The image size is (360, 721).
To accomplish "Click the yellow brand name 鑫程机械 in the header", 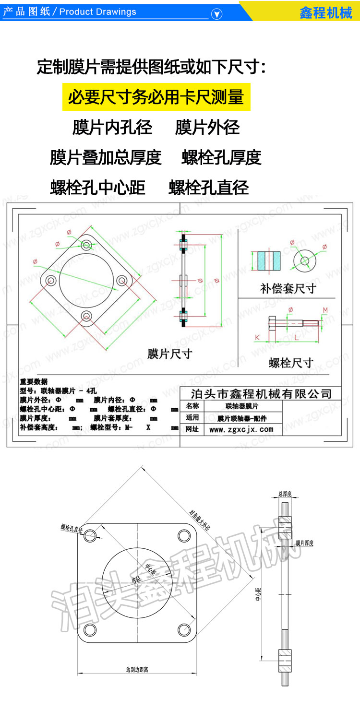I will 326,12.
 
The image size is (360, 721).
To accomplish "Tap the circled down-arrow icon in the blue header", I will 217,14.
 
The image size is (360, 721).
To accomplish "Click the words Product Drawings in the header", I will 98,12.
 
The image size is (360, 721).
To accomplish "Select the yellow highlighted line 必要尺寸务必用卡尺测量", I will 156,97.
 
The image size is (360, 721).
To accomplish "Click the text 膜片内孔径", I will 112,128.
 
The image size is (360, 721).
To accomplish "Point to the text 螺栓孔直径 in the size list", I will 209,188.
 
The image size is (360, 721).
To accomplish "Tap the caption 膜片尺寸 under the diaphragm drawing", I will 170,354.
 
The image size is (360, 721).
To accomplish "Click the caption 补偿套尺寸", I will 288,288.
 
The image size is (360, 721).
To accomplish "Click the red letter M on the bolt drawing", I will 325,310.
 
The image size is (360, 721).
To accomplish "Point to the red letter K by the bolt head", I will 257,338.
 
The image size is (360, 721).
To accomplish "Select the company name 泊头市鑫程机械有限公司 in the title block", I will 261,394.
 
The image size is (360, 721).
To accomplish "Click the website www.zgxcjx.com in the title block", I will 241,429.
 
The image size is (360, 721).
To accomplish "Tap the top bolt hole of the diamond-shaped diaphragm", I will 86,246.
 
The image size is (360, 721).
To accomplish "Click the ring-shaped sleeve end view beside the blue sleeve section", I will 305,260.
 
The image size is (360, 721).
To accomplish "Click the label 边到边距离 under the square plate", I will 137,669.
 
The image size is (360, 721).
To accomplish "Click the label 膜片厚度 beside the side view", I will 304,544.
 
